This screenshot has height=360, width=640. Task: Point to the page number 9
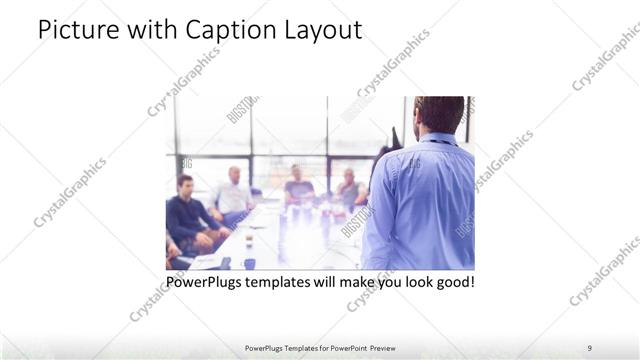click(x=590, y=348)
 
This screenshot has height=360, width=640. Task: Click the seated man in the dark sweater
click(x=188, y=214)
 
